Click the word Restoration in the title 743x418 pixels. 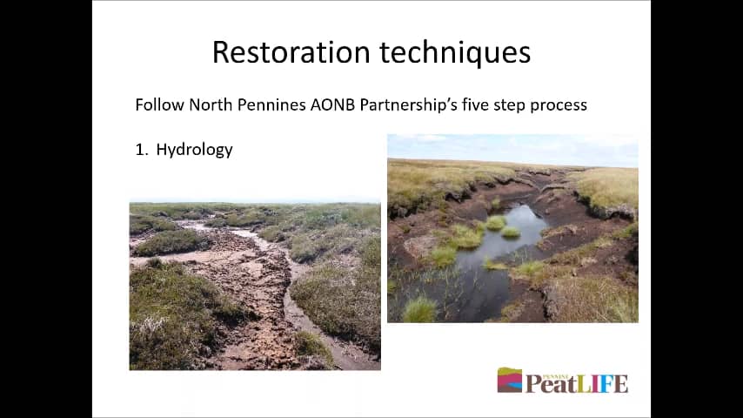pyautogui.click(x=291, y=51)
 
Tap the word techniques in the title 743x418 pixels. pyautogui.click(x=455, y=52)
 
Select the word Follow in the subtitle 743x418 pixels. pyautogui.click(x=160, y=104)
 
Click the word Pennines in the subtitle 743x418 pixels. pyautogui.click(x=271, y=104)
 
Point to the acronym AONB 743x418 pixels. pyautogui.click(x=332, y=104)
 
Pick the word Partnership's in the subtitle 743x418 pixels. pyautogui.click(x=408, y=104)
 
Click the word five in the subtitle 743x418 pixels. pyautogui.click(x=475, y=104)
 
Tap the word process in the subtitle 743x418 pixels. pyautogui.click(x=559, y=105)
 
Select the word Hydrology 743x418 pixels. pyautogui.click(x=194, y=150)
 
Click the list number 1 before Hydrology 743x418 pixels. pyautogui.click(x=140, y=150)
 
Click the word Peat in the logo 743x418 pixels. pyautogui.click(x=551, y=383)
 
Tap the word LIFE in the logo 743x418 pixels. pyautogui.click(x=602, y=383)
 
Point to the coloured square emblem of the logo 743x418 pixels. pyautogui.click(x=509, y=380)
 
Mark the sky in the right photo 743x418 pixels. pyautogui.click(x=512, y=149)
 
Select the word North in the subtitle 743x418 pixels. pyautogui.click(x=211, y=104)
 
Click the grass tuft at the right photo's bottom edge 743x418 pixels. pyautogui.click(x=419, y=310)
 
